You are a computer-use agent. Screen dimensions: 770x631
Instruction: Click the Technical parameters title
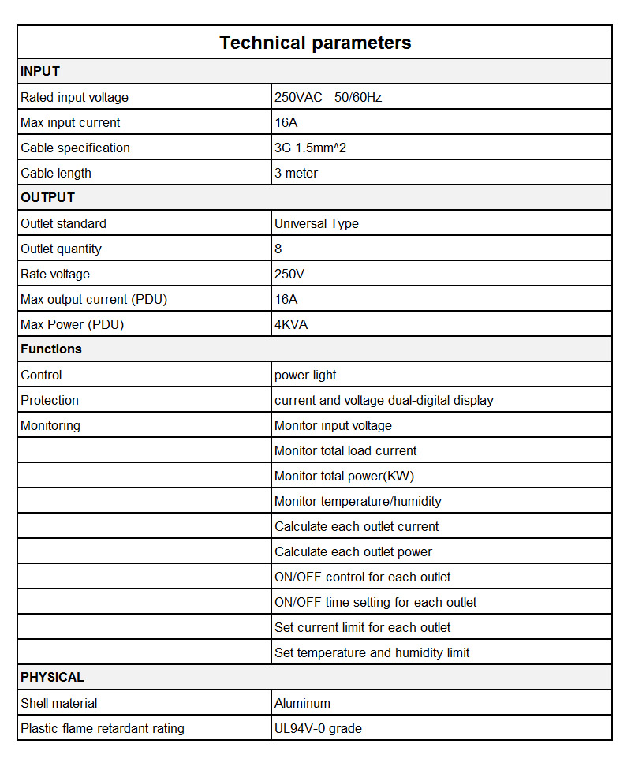tap(315, 43)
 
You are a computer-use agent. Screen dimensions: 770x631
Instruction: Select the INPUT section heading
tap(40, 72)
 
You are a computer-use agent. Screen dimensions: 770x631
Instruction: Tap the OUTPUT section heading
tap(48, 197)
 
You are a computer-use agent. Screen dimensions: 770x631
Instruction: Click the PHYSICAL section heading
tap(52, 677)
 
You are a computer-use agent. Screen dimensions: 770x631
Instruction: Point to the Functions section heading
tap(51, 349)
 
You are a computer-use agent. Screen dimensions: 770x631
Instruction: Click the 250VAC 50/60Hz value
tap(328, 97)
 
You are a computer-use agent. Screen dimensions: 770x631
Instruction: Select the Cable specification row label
tap(76, 148)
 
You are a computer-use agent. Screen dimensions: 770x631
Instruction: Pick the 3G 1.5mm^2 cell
tap(310, 148)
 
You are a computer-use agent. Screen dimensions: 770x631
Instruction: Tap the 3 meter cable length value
tap(296, 173)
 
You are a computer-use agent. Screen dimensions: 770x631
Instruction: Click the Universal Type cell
tap(316, 223)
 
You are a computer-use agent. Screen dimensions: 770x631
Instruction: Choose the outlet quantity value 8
tap(278, 249)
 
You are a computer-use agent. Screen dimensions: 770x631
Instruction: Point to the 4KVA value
tap(291, 324)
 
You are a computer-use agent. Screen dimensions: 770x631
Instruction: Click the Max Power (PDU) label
tap(73, 324)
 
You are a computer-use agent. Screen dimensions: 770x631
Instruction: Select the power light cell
tap(305, 375)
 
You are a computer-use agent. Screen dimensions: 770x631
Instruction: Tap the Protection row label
tap(50, 400)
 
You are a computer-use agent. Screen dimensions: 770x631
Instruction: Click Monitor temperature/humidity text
tap(358, 501)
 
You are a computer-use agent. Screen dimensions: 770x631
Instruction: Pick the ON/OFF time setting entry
tap(375, 602)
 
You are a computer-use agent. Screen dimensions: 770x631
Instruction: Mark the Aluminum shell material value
tap(302, 703)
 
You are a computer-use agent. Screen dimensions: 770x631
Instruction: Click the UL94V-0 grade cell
tap(318, 728)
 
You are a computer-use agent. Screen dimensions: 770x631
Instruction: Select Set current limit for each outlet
tap(363, 627)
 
